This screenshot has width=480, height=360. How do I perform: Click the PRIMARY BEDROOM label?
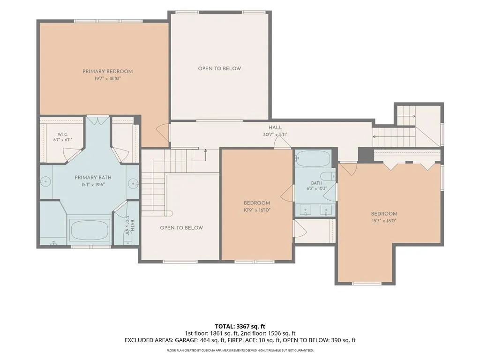tap(107, 71)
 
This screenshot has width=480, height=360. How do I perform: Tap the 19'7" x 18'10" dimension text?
tap(107, 79)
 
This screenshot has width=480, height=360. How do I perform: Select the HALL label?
tap(275, 127)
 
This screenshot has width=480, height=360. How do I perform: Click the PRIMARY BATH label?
tap(93, 178)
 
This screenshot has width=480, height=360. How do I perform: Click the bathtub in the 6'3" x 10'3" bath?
tap(313, 158)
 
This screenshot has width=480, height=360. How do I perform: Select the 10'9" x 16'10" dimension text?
tap(257, 210)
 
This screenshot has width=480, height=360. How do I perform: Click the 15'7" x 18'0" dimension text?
tap(384, 221)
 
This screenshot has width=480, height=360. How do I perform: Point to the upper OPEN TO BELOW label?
tap(219, 68)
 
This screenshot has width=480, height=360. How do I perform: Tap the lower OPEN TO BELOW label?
tap(181, 228)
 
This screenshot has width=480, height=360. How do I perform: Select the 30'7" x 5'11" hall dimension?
tap(275, 135)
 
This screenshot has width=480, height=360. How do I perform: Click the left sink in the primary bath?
tap(45, 182)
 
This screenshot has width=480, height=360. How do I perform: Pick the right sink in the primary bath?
tap(134, 183)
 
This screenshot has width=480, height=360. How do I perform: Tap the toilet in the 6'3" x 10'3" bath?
tap(328, 176)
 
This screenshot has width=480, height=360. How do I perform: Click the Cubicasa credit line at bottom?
tap(240, 350)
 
